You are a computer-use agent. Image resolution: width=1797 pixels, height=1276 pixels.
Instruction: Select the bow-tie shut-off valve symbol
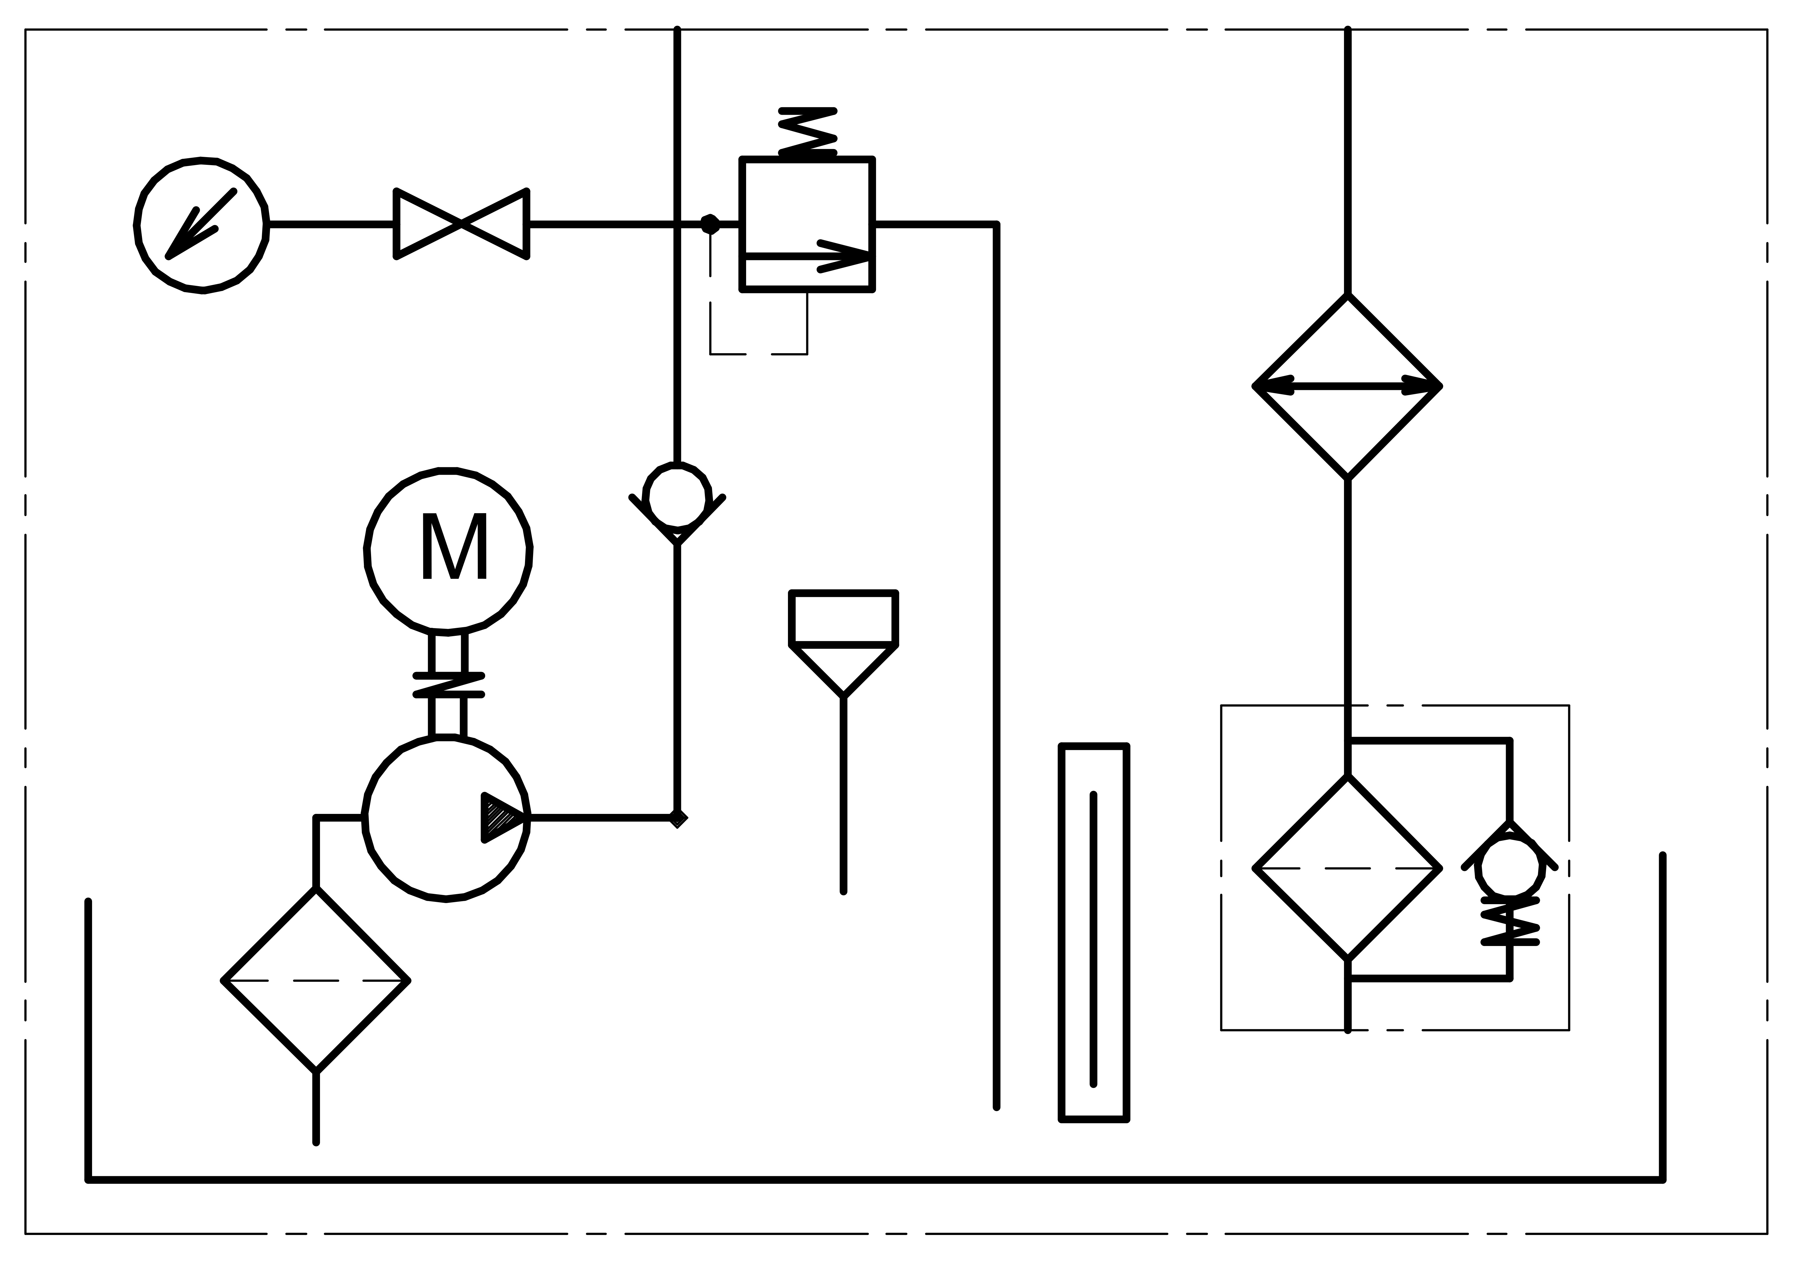[x=461, y=224]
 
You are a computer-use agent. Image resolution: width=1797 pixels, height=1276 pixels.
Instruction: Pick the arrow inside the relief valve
[x=807, y=256]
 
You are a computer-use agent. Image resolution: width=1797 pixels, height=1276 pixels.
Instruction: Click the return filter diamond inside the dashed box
[x=1348, y=868]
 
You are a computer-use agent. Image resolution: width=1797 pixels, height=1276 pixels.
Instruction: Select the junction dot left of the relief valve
[x=710, y=225]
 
